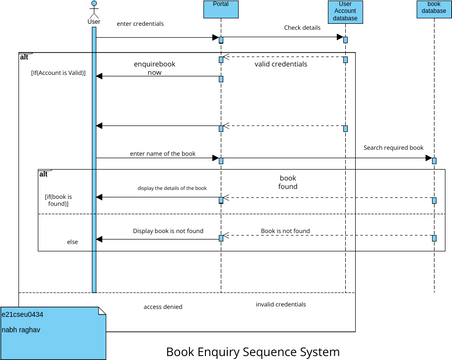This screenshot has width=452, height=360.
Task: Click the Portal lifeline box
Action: click(221, 9)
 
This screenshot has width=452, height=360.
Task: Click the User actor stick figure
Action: click(94, 9)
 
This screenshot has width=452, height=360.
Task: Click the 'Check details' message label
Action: click(302, 28)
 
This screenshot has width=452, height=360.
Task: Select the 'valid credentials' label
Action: click(281, 64)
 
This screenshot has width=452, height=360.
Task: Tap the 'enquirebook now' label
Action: click(155, 68)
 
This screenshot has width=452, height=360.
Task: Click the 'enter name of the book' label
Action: click(161, 153)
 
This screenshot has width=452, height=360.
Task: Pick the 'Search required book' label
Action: click(393, 147)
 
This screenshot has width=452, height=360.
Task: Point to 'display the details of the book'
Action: click(158, 188)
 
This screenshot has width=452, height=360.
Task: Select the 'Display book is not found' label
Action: click(169, 231)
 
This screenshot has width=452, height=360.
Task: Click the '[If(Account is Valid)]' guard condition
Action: click(58, 73)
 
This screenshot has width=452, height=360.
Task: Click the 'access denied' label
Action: click(164, 307)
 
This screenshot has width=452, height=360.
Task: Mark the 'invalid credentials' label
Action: click(279, 303)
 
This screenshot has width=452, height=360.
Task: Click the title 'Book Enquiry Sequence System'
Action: click(252, 351)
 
